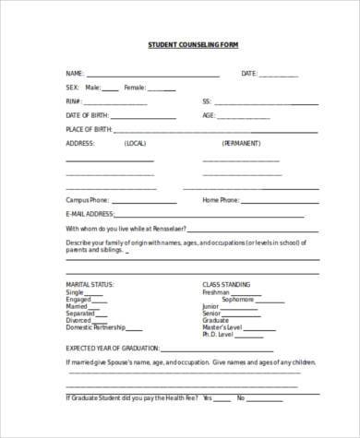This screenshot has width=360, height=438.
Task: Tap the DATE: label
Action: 249,73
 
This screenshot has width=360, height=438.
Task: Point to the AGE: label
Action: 210,115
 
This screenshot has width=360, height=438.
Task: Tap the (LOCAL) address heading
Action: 134,145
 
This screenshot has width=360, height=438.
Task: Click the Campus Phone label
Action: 87,199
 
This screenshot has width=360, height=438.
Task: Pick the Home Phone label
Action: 221,199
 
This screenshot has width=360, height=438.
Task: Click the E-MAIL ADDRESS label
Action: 88,213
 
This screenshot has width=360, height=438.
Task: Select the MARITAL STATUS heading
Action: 89,284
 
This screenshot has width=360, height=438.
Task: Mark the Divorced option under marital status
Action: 79,320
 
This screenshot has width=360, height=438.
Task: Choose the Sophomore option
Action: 237,299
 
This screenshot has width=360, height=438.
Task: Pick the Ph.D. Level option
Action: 221,335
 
